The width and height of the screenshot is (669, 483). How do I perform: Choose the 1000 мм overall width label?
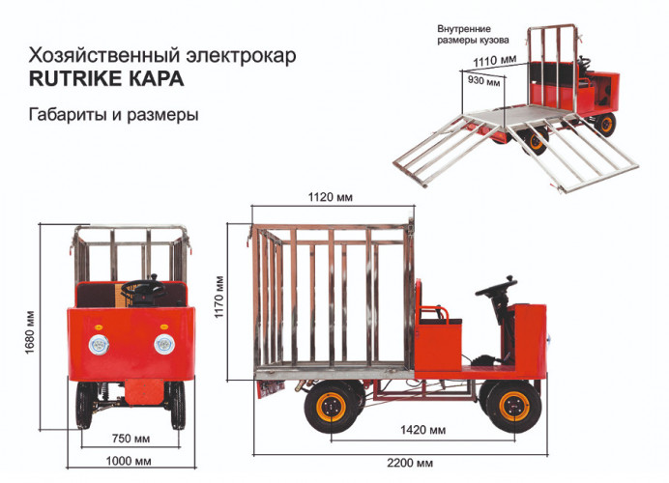128,462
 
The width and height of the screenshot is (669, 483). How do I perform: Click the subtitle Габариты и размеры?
113,115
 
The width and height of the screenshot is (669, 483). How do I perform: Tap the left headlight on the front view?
99,344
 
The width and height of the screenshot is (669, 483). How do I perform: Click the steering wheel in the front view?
143,286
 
